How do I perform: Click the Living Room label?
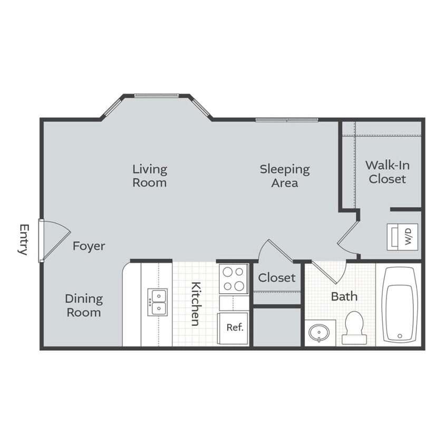pos(149,176)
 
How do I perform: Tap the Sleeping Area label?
pos(284,176)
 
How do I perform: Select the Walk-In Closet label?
pos(387,172)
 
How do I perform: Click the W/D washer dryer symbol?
pos(403,236)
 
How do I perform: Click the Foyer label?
pos(89,246)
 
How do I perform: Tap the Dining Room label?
pos(83,305)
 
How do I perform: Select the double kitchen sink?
pos(157,302)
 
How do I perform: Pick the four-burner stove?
pos(234,279)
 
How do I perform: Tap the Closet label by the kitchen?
pos(276,277)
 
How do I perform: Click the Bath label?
pos(344,296)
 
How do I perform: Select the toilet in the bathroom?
pos(353,327)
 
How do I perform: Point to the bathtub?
pos(399,304)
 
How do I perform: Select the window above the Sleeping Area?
pos(287,120)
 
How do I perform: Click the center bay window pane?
pos(157,95)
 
